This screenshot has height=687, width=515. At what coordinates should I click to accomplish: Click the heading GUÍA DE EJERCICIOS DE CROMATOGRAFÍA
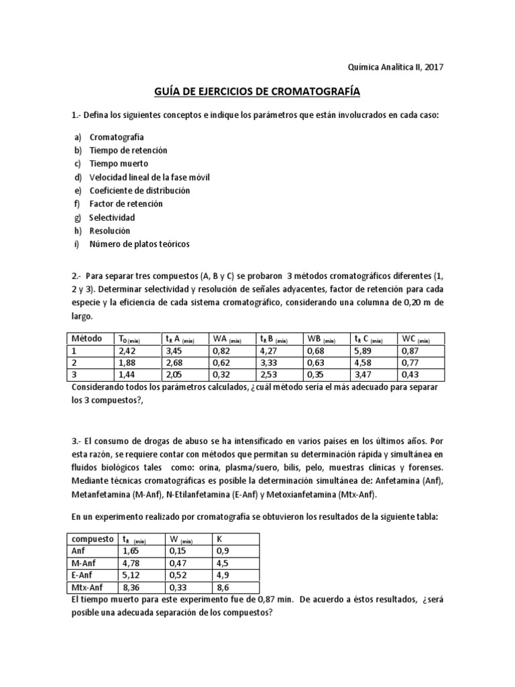pos(257,91)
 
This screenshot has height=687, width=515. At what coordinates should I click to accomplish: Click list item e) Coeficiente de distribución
pos(139,191)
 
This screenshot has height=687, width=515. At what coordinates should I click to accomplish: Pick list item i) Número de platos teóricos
pos(139,244)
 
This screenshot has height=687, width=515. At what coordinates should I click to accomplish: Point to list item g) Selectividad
pos(112,217)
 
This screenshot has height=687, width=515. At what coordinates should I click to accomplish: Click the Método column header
pos(87,339)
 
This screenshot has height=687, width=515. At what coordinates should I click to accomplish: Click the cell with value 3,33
pos(269,362)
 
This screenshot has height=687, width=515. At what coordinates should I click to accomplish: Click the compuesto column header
pos(93,538)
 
